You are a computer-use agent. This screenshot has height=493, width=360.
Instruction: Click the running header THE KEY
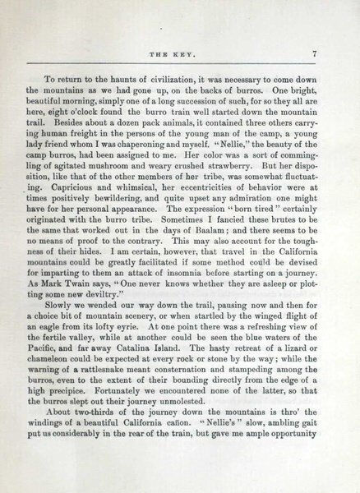[x=179, y=55]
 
